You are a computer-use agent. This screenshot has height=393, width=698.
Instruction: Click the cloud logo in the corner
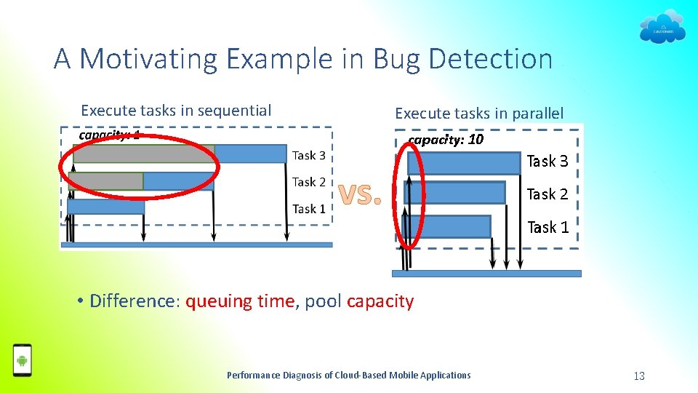tap(662, 26)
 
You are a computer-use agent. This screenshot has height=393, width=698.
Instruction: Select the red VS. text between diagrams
tap(361, 194)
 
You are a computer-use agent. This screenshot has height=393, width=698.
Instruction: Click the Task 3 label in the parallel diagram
tap(547, 162)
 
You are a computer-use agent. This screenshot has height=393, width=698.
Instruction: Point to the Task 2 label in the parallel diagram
tap(547, 194)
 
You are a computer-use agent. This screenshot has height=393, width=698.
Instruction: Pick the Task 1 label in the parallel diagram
tap(547, 227)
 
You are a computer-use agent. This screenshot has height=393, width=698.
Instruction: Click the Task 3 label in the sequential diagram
tap(309, 155)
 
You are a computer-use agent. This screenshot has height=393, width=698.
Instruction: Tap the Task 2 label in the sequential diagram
tap(309, 182)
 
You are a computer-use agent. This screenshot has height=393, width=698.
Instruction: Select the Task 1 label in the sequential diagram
tap(309, 209)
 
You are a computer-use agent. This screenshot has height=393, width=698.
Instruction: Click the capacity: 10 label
tap(446, 140)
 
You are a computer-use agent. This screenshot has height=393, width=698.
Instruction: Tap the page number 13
tap(639, 376)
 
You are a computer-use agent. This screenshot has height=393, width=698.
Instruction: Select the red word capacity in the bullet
tap(380, 301)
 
